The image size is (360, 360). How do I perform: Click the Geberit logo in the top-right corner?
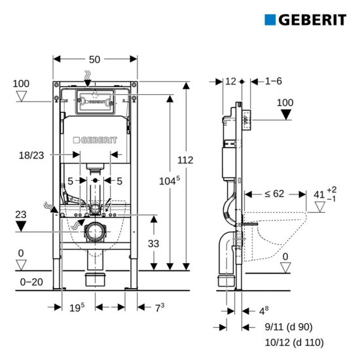305,20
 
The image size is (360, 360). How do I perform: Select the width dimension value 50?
95,60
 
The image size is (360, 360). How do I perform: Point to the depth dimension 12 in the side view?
230,81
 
